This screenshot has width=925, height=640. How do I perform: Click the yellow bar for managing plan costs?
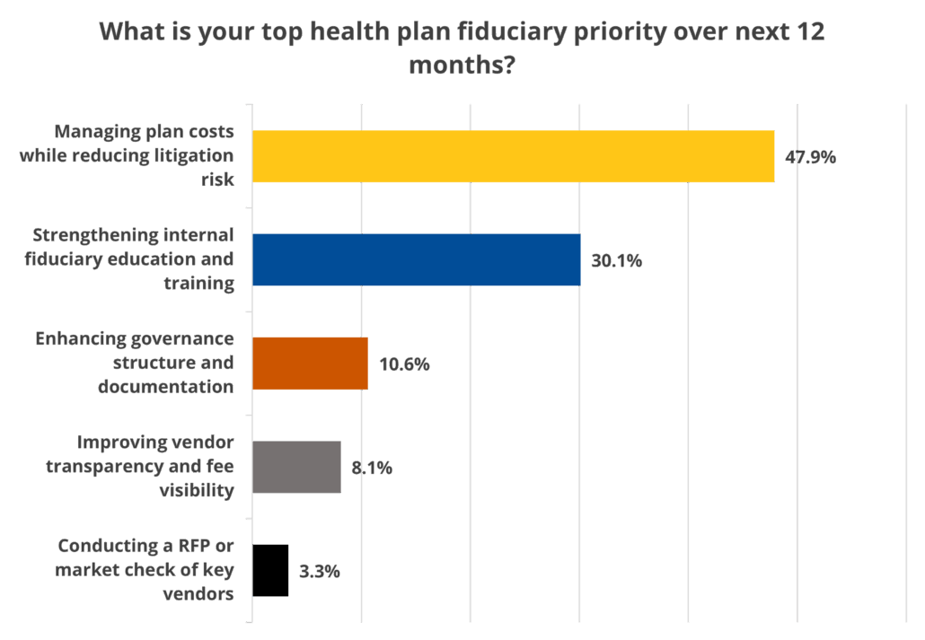tap(513, 157)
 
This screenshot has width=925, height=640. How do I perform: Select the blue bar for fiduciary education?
tap(416, 260)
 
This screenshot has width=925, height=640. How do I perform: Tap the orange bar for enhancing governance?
tap(310, 364)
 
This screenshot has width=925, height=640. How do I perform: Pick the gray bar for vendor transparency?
tap(296, 467)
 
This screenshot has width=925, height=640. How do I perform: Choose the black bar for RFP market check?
tap(270, 570)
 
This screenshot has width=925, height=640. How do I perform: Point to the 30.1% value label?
tap(616, 261)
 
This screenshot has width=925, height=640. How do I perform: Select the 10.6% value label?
tap(404, 364)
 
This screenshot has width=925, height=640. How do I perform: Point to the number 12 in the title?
tap(811, 33)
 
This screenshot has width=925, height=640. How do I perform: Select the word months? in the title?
tap(462, 66)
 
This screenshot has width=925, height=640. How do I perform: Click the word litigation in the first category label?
tap(195, 154)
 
